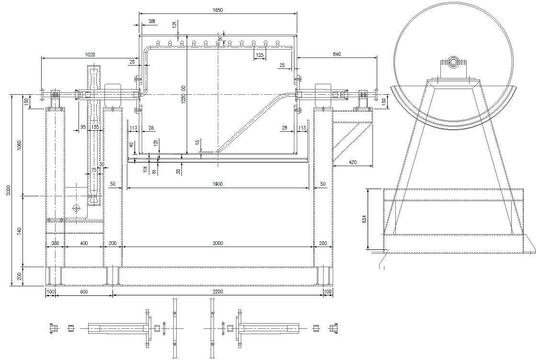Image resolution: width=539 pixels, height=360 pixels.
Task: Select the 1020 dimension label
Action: [90, 55]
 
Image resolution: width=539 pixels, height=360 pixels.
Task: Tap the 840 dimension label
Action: [337, 55]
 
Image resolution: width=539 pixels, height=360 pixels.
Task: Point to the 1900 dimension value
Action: [218, 184]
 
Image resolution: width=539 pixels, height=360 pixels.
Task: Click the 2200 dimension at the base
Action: [218, 291]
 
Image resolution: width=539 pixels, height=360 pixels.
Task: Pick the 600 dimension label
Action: [84, 291]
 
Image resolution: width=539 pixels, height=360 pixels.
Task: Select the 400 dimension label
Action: [84, 244]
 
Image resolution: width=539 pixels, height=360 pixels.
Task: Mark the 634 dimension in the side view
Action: [364, 219]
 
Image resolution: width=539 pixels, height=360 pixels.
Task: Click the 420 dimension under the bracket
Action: [353, 162]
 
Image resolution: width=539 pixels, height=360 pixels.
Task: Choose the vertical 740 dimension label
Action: [19, 231]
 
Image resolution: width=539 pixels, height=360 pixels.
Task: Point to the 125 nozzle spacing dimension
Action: [259, 56]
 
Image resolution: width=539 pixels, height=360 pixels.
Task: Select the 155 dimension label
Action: [95, 127]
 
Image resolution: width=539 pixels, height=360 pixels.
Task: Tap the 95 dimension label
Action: [83, 127]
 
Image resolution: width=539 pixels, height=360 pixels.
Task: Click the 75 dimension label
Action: [94, 169]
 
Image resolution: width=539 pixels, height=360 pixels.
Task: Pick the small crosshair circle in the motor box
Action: [76, 208]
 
